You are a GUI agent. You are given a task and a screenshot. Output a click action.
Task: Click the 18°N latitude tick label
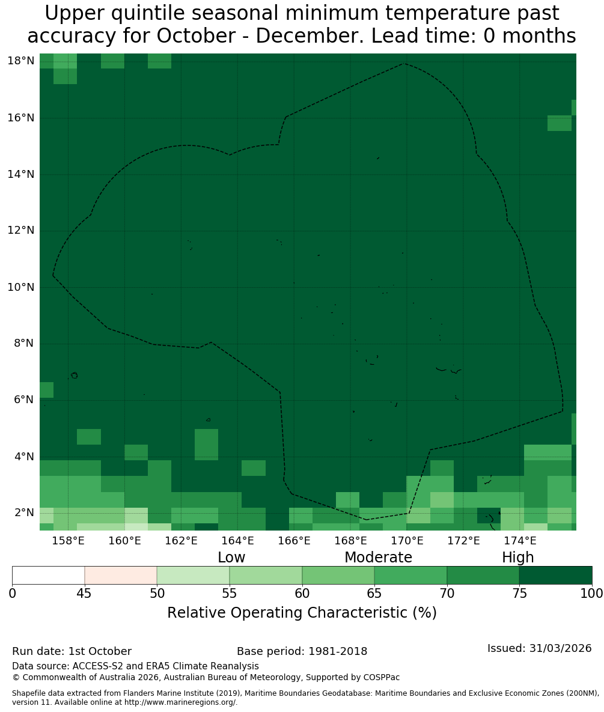(x=21, y=61)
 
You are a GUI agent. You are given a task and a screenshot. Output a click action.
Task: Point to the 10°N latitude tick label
(x=21, y=287)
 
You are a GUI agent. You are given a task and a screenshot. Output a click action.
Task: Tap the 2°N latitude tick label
(x=24, y=513)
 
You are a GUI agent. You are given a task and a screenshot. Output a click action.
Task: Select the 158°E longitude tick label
(x=69, y=541)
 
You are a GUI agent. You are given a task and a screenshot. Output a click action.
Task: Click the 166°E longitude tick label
(x=294, y=541)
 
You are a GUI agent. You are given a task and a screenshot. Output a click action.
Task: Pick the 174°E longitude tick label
(x=520, y=541)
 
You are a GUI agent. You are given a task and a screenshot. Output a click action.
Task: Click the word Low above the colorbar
(x=231, y=557)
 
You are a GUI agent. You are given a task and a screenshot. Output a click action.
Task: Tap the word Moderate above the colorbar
(x=378, y=557)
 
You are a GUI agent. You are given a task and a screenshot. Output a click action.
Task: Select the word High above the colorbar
(x=517, y=558)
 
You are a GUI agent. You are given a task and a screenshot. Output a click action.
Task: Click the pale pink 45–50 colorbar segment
(x=121, y=576)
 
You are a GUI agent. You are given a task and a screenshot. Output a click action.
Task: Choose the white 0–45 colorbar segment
(x=49, y=576)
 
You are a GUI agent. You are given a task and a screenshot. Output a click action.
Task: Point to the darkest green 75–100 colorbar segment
(x=556, y=576)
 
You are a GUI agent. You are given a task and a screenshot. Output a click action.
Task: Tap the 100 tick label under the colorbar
(x=592, y=594)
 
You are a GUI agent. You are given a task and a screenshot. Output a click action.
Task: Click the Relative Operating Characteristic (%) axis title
(x=302, y=612)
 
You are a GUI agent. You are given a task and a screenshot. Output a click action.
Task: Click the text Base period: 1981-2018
(x=302, y=651)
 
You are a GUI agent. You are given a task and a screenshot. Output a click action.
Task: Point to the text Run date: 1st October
(x=72, y=651)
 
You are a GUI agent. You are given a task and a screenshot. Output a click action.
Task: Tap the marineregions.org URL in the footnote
(x=180, y=702)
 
